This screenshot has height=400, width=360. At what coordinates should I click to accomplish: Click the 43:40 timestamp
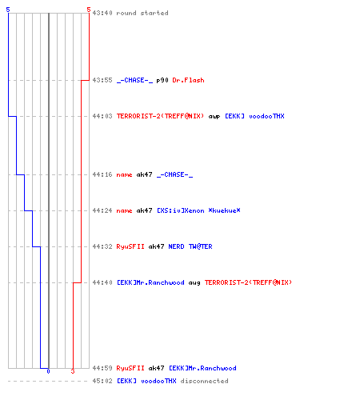tap(102, 13)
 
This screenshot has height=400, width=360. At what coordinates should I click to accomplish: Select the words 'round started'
tap(142, 13)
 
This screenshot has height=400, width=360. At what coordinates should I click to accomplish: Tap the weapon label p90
tap(162, 80)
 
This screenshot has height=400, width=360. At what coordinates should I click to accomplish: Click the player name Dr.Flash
tap(188, 80)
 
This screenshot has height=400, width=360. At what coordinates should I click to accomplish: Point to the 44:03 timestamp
tap(102, 116)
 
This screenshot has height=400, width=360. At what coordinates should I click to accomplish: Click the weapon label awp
tap(214, 117)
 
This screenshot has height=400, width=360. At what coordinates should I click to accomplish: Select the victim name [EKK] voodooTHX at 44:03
tap(254, 116)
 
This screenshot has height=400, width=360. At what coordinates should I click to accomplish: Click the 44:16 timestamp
tap(102, 174)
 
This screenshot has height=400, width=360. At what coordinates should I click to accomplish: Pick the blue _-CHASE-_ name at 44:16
tap(174, 174)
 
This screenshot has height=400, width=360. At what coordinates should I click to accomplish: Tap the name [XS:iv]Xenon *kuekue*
tap(198, 210)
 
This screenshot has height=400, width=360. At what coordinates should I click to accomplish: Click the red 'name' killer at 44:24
tap(124, 211)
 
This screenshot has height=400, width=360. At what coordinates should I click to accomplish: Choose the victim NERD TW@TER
tap(190, 246)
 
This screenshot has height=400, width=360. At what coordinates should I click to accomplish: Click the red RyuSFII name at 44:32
tap(130, 246)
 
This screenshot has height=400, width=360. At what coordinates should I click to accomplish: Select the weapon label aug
tap(194, 283)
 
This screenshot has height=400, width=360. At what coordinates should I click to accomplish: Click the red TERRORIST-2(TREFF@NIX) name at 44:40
tap(248, 282)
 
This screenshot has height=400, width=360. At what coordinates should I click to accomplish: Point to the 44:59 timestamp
tap(102, 368)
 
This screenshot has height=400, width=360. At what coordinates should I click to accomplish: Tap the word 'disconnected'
tap(204, 381)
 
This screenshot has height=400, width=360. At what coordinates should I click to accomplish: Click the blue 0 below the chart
tap(48, 371)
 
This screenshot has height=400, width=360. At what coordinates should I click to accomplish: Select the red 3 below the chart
tap(73, 371)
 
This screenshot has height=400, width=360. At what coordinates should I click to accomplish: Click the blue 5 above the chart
tap(8, 10)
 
